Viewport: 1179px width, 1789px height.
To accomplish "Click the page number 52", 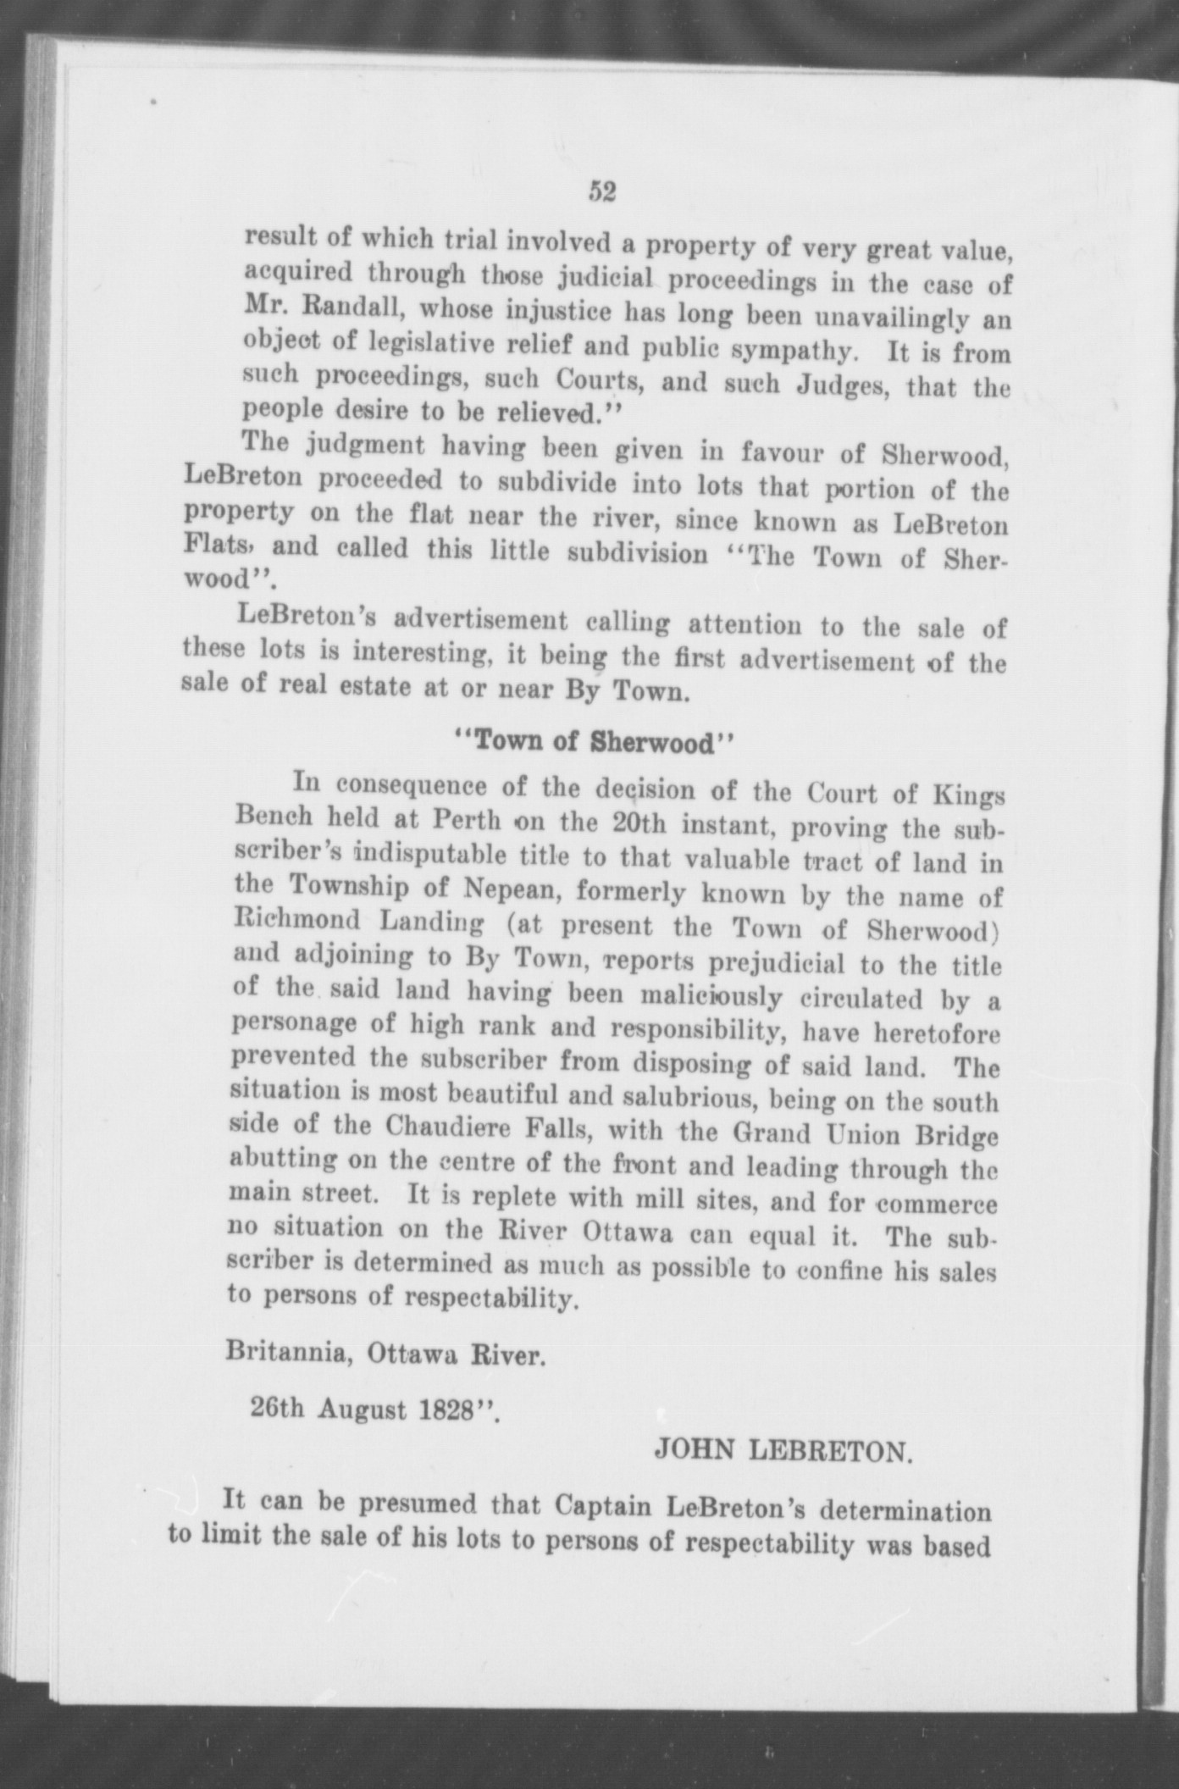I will tap(601, 192).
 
